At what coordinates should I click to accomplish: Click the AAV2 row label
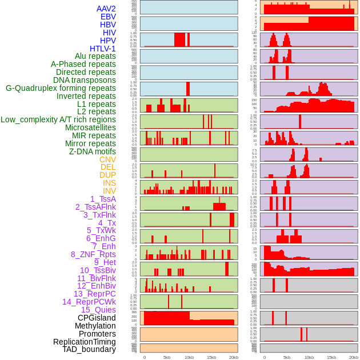(x=106, y=9)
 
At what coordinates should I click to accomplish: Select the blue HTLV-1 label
(x=102, y=49)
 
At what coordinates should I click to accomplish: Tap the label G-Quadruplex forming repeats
(x=61, y=88)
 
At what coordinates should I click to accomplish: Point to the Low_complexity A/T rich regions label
(x=58, y=119)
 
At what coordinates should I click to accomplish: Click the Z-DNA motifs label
(x=92, y=151)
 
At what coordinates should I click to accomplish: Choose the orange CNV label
(x=107, y=159)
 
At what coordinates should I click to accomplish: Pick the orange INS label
(x=109, y=183)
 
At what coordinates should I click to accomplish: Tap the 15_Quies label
(x=98, y=310)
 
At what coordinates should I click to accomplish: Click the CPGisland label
(x=97, y=318)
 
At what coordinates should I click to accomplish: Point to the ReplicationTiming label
(x=84, y=342)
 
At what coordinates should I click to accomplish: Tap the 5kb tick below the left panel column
(x=166, y=357)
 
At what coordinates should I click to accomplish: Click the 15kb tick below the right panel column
(x=331, y=357)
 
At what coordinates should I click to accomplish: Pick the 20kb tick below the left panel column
(x=233, y=357)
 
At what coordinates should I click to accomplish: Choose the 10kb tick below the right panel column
(x=309, y=357)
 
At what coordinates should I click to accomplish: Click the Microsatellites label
(x=90, y=127)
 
